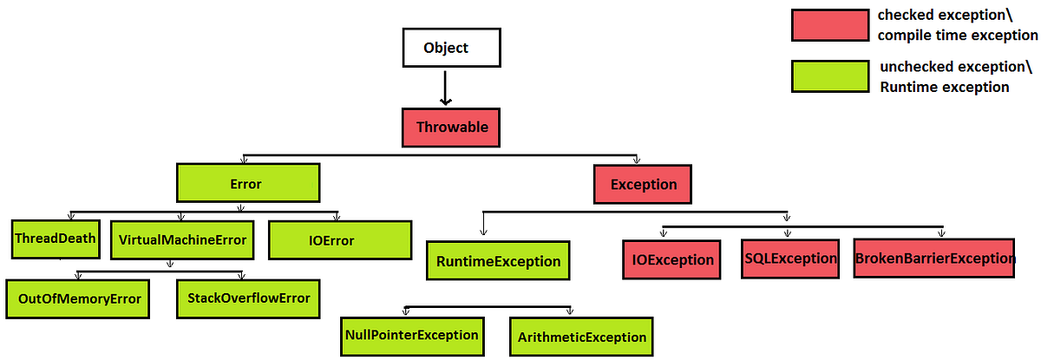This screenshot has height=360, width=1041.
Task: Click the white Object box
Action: (445, 48)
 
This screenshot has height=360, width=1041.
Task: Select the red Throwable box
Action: (452, 128)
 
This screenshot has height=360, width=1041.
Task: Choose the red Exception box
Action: (643, 185)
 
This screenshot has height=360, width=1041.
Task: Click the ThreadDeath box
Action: (55, 239)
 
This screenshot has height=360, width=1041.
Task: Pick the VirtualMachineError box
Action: (181, 239)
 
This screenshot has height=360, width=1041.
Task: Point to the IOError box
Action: (338, 240)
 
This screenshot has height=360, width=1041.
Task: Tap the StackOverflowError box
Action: (248, 298)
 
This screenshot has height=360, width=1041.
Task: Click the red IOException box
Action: (672, 259)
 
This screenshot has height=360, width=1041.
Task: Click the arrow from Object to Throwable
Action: (444, 88)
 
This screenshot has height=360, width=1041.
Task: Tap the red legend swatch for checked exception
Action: (829, 25)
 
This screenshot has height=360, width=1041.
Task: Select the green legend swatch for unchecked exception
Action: (829, 76)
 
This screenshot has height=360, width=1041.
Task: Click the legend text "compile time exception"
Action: (957, 36)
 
